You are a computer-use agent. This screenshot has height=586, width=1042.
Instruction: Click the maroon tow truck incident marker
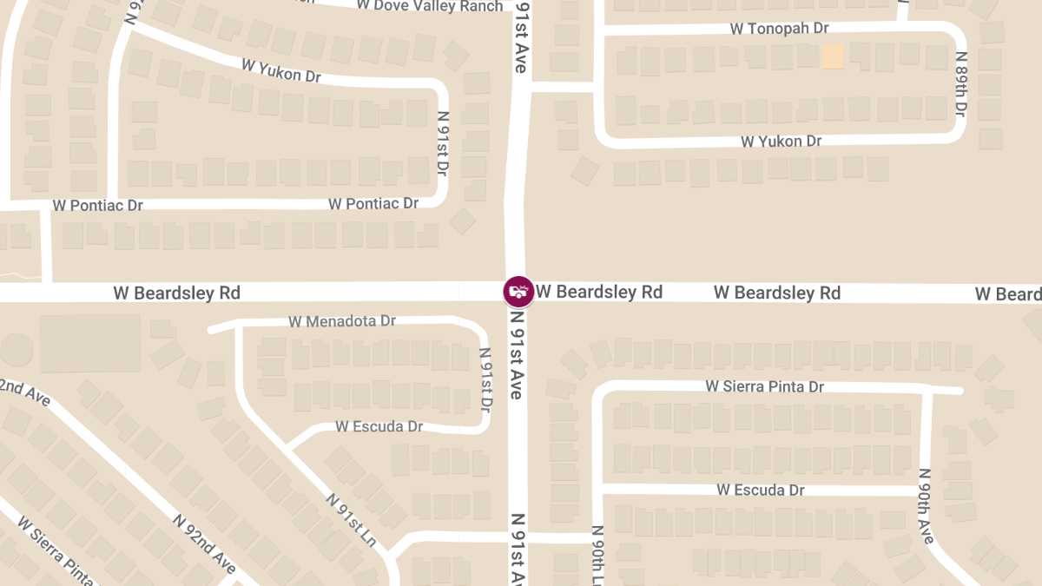[518, 292]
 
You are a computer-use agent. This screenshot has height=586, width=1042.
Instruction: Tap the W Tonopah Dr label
[779, 29]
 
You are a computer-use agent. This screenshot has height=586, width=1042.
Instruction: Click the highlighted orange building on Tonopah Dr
[833, 56]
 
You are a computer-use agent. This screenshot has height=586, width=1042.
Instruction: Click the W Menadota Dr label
[342, 321]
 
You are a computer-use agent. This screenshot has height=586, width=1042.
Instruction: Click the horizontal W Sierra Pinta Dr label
[764, 386]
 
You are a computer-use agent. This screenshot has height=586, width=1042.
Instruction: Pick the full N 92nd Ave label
[204, 543]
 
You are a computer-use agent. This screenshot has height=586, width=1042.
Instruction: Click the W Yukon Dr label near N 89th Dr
[781, 141]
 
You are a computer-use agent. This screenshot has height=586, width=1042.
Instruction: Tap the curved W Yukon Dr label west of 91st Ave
[281, 70]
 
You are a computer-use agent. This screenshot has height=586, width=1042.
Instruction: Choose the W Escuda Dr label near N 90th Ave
[761, 490]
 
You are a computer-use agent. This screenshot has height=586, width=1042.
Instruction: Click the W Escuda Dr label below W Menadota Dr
[379, 426]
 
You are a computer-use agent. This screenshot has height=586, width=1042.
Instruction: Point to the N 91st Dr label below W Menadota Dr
[486, 379]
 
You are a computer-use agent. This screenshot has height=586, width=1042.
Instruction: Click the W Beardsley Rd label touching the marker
[599, 292]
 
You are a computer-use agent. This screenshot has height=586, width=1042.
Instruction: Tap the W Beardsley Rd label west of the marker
[176, 293]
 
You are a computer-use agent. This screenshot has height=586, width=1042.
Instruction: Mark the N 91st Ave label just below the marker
[517, 355]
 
